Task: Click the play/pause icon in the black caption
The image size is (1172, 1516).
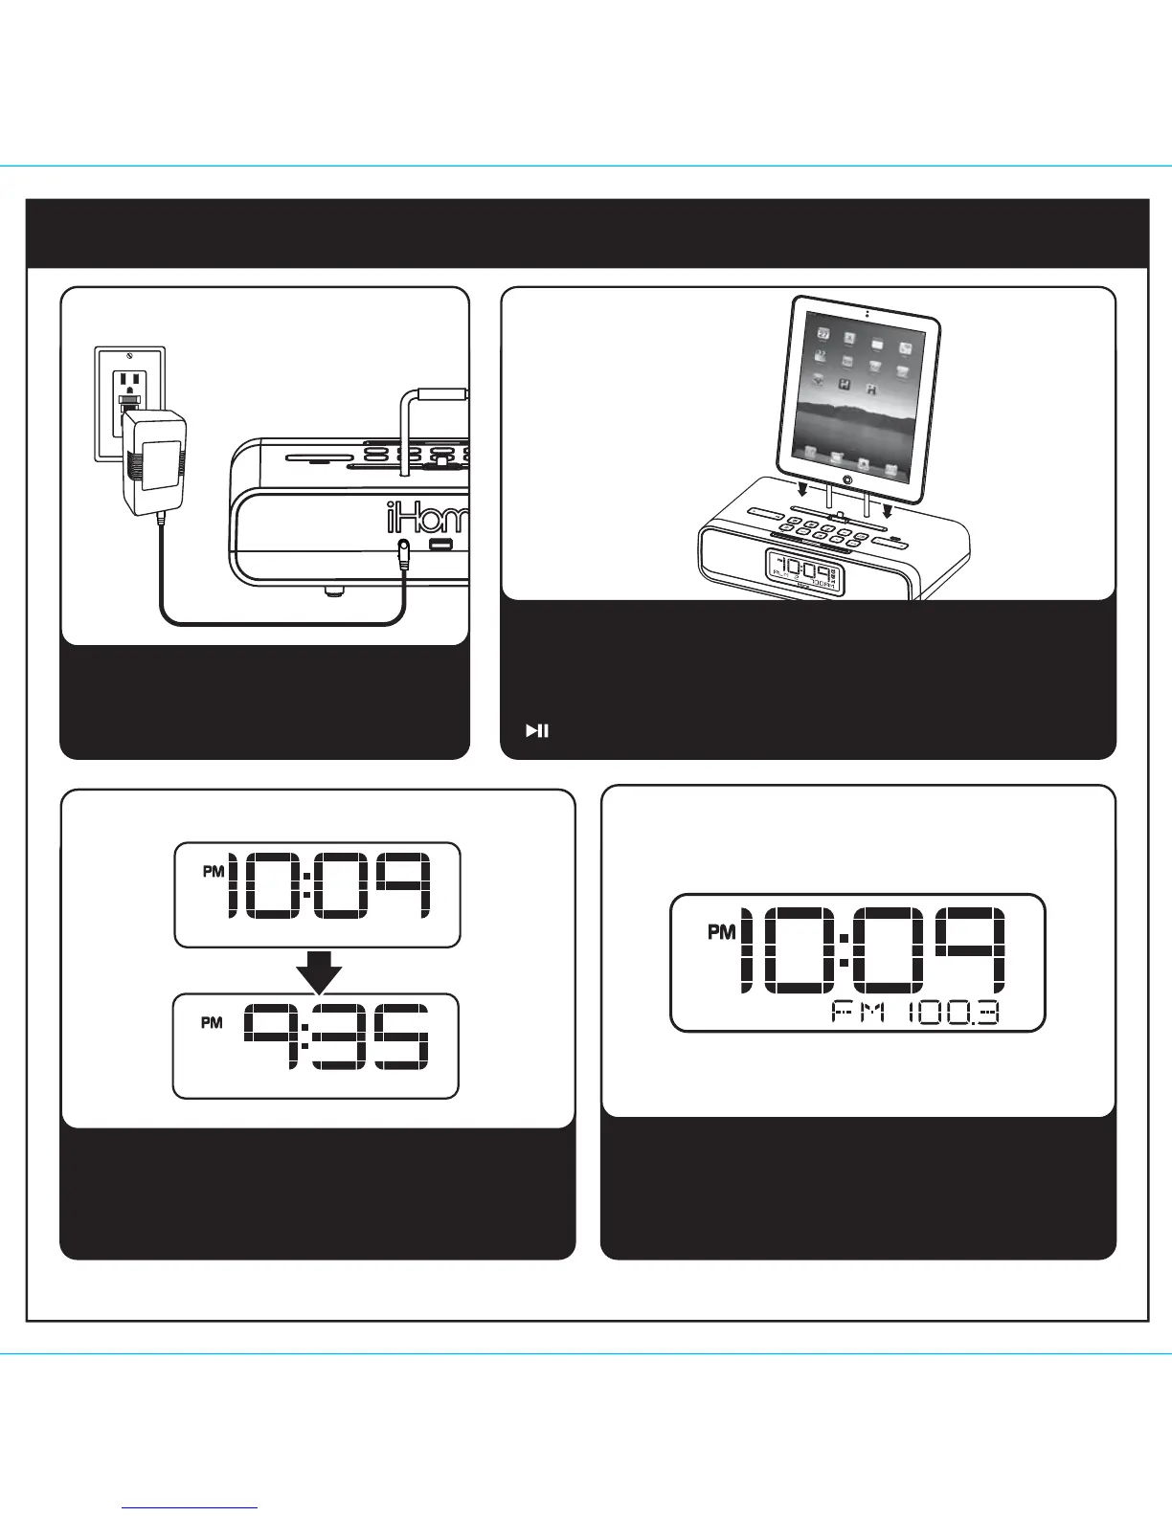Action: click(x=536, y=731)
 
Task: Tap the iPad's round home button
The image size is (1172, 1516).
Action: click(x=848, y=477)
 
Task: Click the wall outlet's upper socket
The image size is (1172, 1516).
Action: click(x=130, y=384)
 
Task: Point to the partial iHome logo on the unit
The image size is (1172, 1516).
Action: click(x=427, y=520)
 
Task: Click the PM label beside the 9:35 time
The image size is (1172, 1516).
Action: click(x=212, y=1022)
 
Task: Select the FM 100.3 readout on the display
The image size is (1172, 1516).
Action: click(x=914, y=1013)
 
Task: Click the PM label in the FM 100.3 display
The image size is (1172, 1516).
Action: click(x=721, y=931)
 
